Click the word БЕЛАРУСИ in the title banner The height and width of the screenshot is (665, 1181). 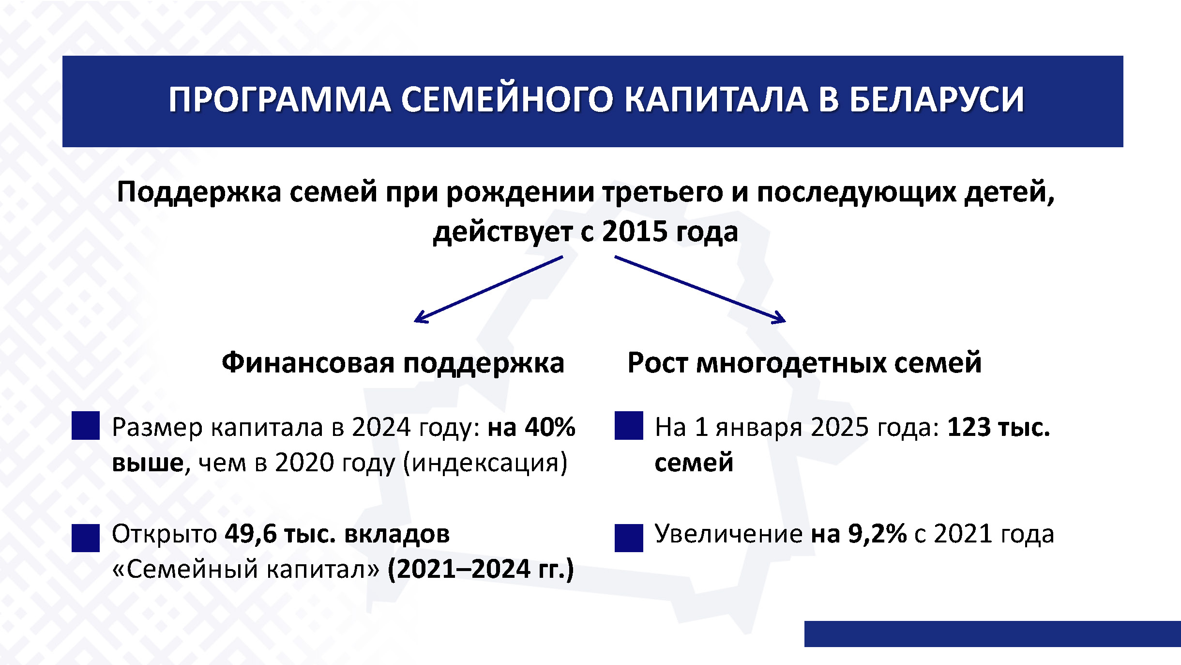click(x=937, y=100)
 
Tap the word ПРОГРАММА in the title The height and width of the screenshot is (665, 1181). click(x=280, y=100)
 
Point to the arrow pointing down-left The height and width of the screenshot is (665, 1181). click(x=489, y=289)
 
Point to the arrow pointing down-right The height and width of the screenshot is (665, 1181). click(x=700, y=289)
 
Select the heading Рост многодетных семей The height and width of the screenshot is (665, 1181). click(x=804, y=363)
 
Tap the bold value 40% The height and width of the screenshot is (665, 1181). click(x=550, y=427)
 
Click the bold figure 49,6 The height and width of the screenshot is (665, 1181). click(x=250, y=534)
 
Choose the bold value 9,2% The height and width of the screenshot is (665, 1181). click(x=877, y=534)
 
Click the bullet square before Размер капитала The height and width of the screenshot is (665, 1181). click(x=86, y=426)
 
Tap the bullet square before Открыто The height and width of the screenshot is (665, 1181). click(x=86, y=538)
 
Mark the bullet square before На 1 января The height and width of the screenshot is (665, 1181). click(x=629, y=426)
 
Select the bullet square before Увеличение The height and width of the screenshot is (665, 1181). click(x=629, y=538)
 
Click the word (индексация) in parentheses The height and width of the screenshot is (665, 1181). click(x=485, y=463)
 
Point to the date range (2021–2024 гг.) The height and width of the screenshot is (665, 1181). click(x=481, y=569)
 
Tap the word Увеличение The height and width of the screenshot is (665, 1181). click(x=729, y=534)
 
